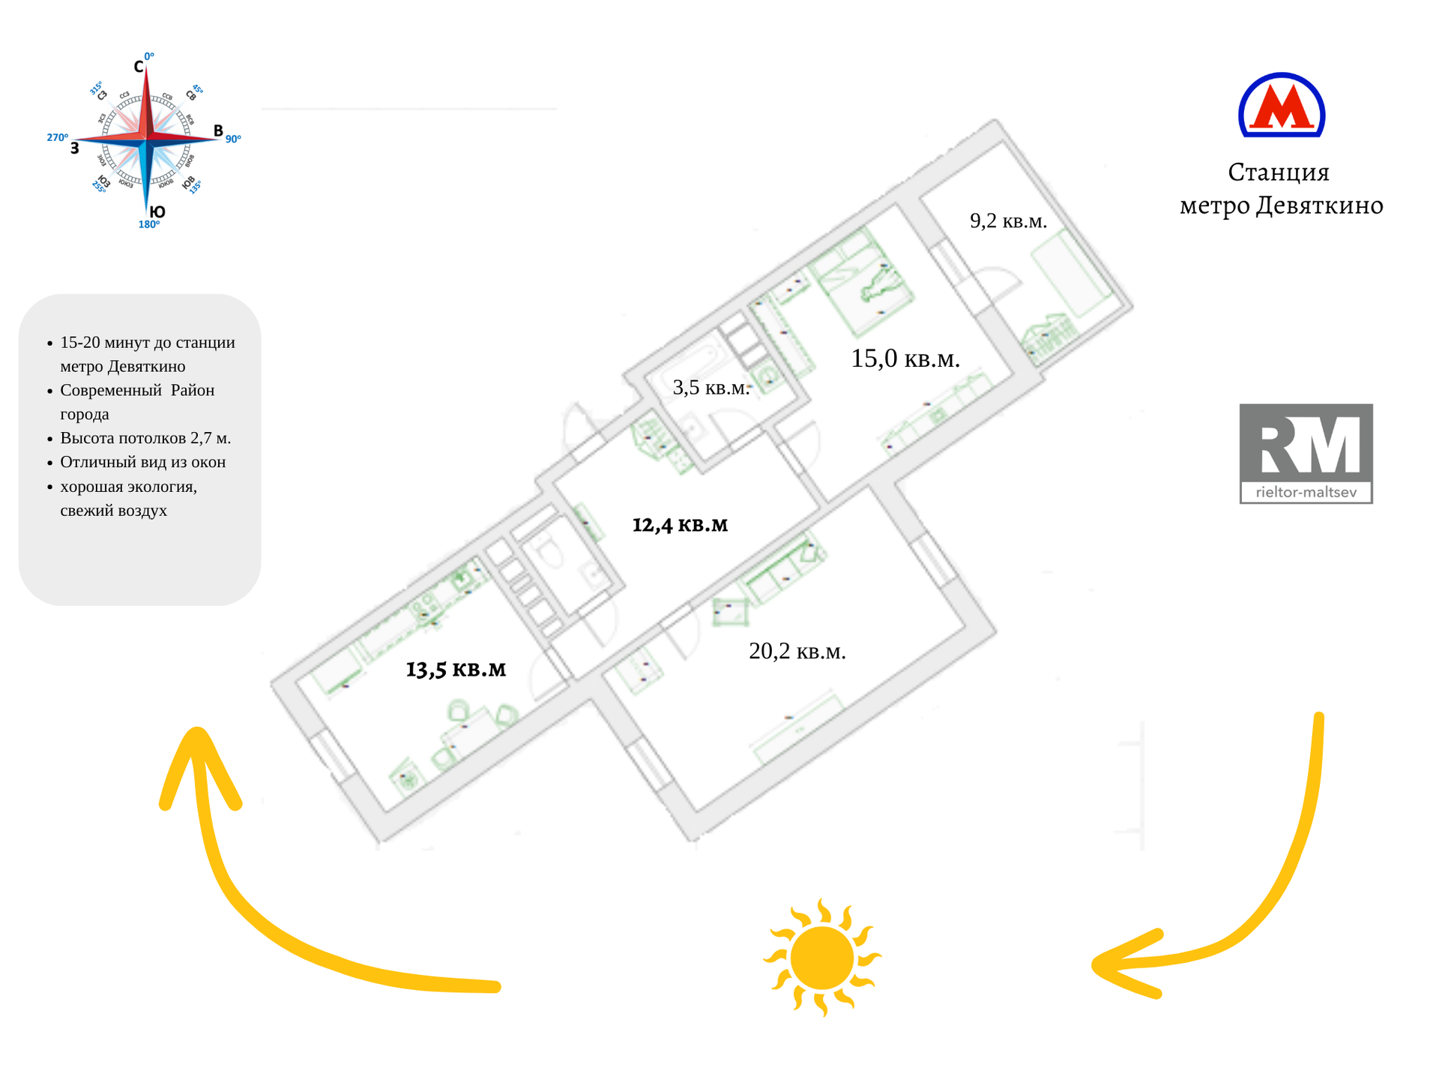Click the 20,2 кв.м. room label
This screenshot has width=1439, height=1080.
[x=797, y=651]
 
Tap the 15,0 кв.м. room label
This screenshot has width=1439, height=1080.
[x=905, y=358]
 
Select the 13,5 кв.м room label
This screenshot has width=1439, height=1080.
[x=456, y=668]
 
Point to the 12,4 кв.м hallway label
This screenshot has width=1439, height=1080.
[x=680, y=524]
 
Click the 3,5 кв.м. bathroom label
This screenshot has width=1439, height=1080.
[x=711, y=387]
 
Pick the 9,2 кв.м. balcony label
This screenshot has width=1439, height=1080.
[x=1008, y=220]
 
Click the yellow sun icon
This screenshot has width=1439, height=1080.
[x=822, y=958]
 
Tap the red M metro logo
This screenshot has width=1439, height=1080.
[x=1282, y=106]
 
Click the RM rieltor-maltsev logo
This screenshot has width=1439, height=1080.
[x=1306, y=453]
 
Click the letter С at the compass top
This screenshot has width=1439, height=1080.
[x=139, y=67]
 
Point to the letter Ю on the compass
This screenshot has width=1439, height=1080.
[x=157, y=212]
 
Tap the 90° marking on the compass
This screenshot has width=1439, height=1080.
[x=233, y=139]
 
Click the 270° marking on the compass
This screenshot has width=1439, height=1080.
[x=57, y=137]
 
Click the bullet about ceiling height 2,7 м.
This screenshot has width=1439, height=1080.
[x=145, y=438]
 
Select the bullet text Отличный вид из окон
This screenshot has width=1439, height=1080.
[x=142, y=462]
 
